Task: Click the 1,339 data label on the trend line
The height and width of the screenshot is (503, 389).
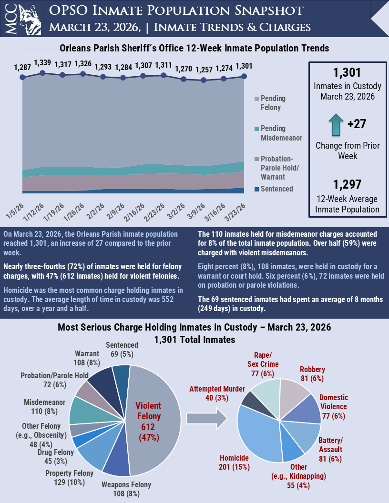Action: [42, 63]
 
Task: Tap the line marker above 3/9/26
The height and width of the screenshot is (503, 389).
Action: [204, 80]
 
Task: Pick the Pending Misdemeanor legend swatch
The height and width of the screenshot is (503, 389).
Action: [256, 129]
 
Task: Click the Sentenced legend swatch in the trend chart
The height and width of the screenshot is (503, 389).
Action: [256, 189]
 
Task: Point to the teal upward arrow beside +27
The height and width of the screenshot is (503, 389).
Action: [337, 124]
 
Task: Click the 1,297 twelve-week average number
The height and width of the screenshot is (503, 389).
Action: [347, 184]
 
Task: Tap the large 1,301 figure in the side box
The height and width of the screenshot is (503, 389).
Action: [347, 73]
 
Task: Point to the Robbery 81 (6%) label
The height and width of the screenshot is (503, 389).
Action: [312, 373]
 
